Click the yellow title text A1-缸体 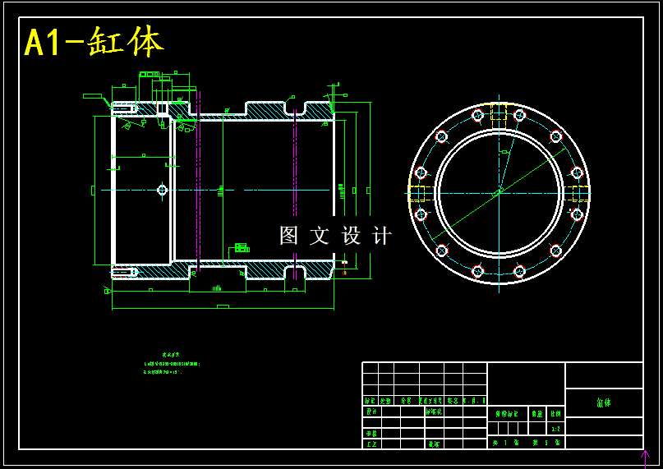pyautogui.click(x=94, y=42)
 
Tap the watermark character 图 pyautogui.click(x=288, y=236)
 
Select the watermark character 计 pyautogui.click(x=382, y=236)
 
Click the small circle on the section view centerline pyautogui.click(x=162, y=190)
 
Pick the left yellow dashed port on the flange pyautogui.click(x=417, y=194)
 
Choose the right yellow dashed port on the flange pyautogui.click(x=580, y=194)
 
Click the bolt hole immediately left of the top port pyautogui.click(x=478, y=115)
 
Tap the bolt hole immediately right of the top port pyautogui.click(x=519, y=115)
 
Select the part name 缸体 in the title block pyautogui.click(x=603, y=402)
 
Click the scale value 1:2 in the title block pyautogui.click(x=555, y=428)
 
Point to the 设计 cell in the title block pyautogui.click(x=371, y=412)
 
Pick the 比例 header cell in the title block pyautogui.click(x=555, y=414)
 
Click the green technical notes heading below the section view pyautogui.click(x=171, y=355)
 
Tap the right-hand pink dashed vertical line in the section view pyautogui.click(x=295, y=190)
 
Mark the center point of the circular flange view pyautogui.click(x=499, y=193)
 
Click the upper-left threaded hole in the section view pyautogui.click(x=124, y=108)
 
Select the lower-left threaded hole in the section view pyautogui.click(x=124, y=272)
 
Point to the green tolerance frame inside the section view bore pyautogui.click(x=242, y=247)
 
